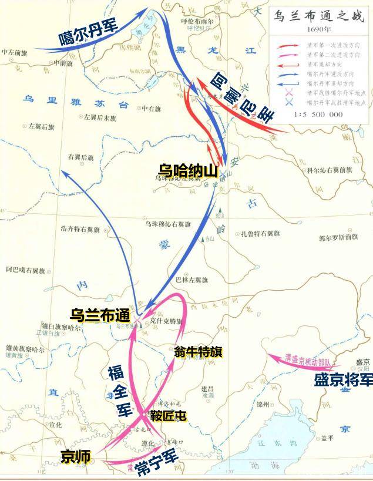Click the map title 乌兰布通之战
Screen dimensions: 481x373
[x=317, y=15]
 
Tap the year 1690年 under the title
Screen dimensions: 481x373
[x=317, y=29]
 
